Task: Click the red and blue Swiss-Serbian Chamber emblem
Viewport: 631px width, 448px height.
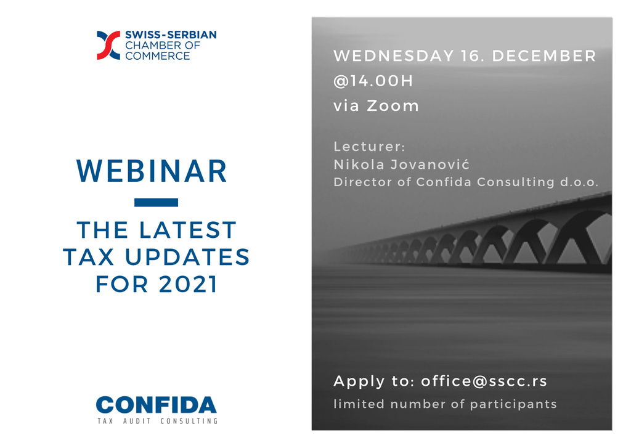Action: pyautogui.click(x=108, y=45)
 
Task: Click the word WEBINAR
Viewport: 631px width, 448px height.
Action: pyautogui.click(x=152, y=171)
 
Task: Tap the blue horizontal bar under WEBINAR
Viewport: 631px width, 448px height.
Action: pyautogui.click(x=156, y=203)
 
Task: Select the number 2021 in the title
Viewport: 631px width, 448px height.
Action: pyautogui.click(x=188, y=284)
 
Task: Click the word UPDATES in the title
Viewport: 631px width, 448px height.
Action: pyautogui.click(x=187, y=257)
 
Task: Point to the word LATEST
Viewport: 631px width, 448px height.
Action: pyautogui.click(x=187, y=230)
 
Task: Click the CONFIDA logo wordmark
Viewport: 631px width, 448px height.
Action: pyautogui.click(x=156, y=405)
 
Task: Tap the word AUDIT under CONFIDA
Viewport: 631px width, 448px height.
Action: pyautogui.click(x=137, y=421)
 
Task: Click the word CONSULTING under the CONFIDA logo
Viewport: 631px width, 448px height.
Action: pyautogui.click(x=189, y=421)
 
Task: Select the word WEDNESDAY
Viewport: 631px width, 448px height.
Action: pyautogui.click(x=394, y=56)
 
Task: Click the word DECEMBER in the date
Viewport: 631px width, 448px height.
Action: pyautogui.click(x=544, y=56)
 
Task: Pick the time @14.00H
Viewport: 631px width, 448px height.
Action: pyautogui.click(x=373, y=81)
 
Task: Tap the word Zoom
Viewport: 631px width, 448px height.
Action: pyautogui.click(x=393, y=106)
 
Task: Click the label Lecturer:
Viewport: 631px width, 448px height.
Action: pyautogui.click(x=370, y=147)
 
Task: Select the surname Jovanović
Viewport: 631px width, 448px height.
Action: pyautogui.click(x=430, y=165)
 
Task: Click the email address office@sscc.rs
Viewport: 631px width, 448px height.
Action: pyautogui.click(x=484, y=381)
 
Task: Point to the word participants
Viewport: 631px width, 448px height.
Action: pyautogui.click(x=513, y=404)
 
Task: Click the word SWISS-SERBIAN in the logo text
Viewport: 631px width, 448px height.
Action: pyautogui.click(x=171, y=35)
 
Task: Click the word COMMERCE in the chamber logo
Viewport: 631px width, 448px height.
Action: pyautogui.click(x=157, y=56)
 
